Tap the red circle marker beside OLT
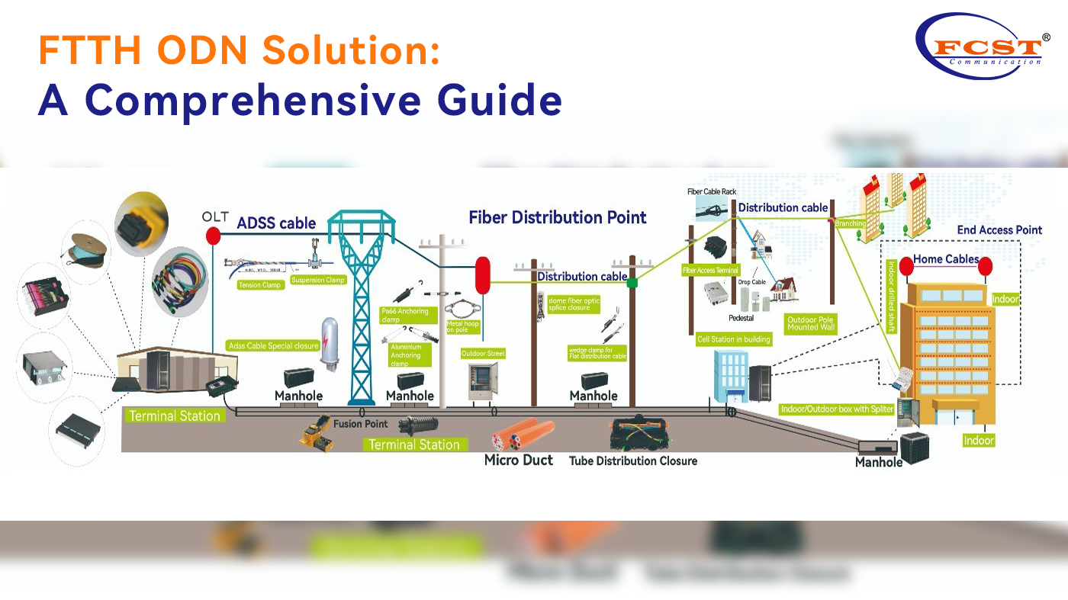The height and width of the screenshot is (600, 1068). pyautogui.click(x=213, y=234)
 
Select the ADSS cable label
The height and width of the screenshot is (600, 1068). pyautogui.click(x=276, y=223)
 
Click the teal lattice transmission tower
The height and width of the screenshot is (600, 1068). pyautogui.click(x=362, y=305)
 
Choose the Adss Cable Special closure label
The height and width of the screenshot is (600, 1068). pyautogui.click(x=274, y=346)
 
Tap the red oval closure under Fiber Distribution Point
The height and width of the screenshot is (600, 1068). pyautogui.click(x=483, y=275)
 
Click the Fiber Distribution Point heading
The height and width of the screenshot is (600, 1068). pyautogui.click(x=558, y=217)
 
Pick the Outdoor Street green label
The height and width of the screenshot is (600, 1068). pyautogui.click(x=483, y=354)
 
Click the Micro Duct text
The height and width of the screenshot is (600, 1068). pyautogui.click(x=519, y=460)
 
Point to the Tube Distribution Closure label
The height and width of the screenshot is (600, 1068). pyautogui.click(x=633, y=460)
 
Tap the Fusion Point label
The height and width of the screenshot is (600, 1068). pyautogui.click(x=360, y=424)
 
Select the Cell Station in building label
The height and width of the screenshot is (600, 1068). pyautogui.click(x=734, y=339)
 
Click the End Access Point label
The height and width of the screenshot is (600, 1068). pyautogui.click(x=999, y=229)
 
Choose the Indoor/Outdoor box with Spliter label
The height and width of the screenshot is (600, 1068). pyautogui.click(x=837, y=409)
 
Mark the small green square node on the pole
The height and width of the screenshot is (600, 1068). pyautogui.click(x=632, y=283)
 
